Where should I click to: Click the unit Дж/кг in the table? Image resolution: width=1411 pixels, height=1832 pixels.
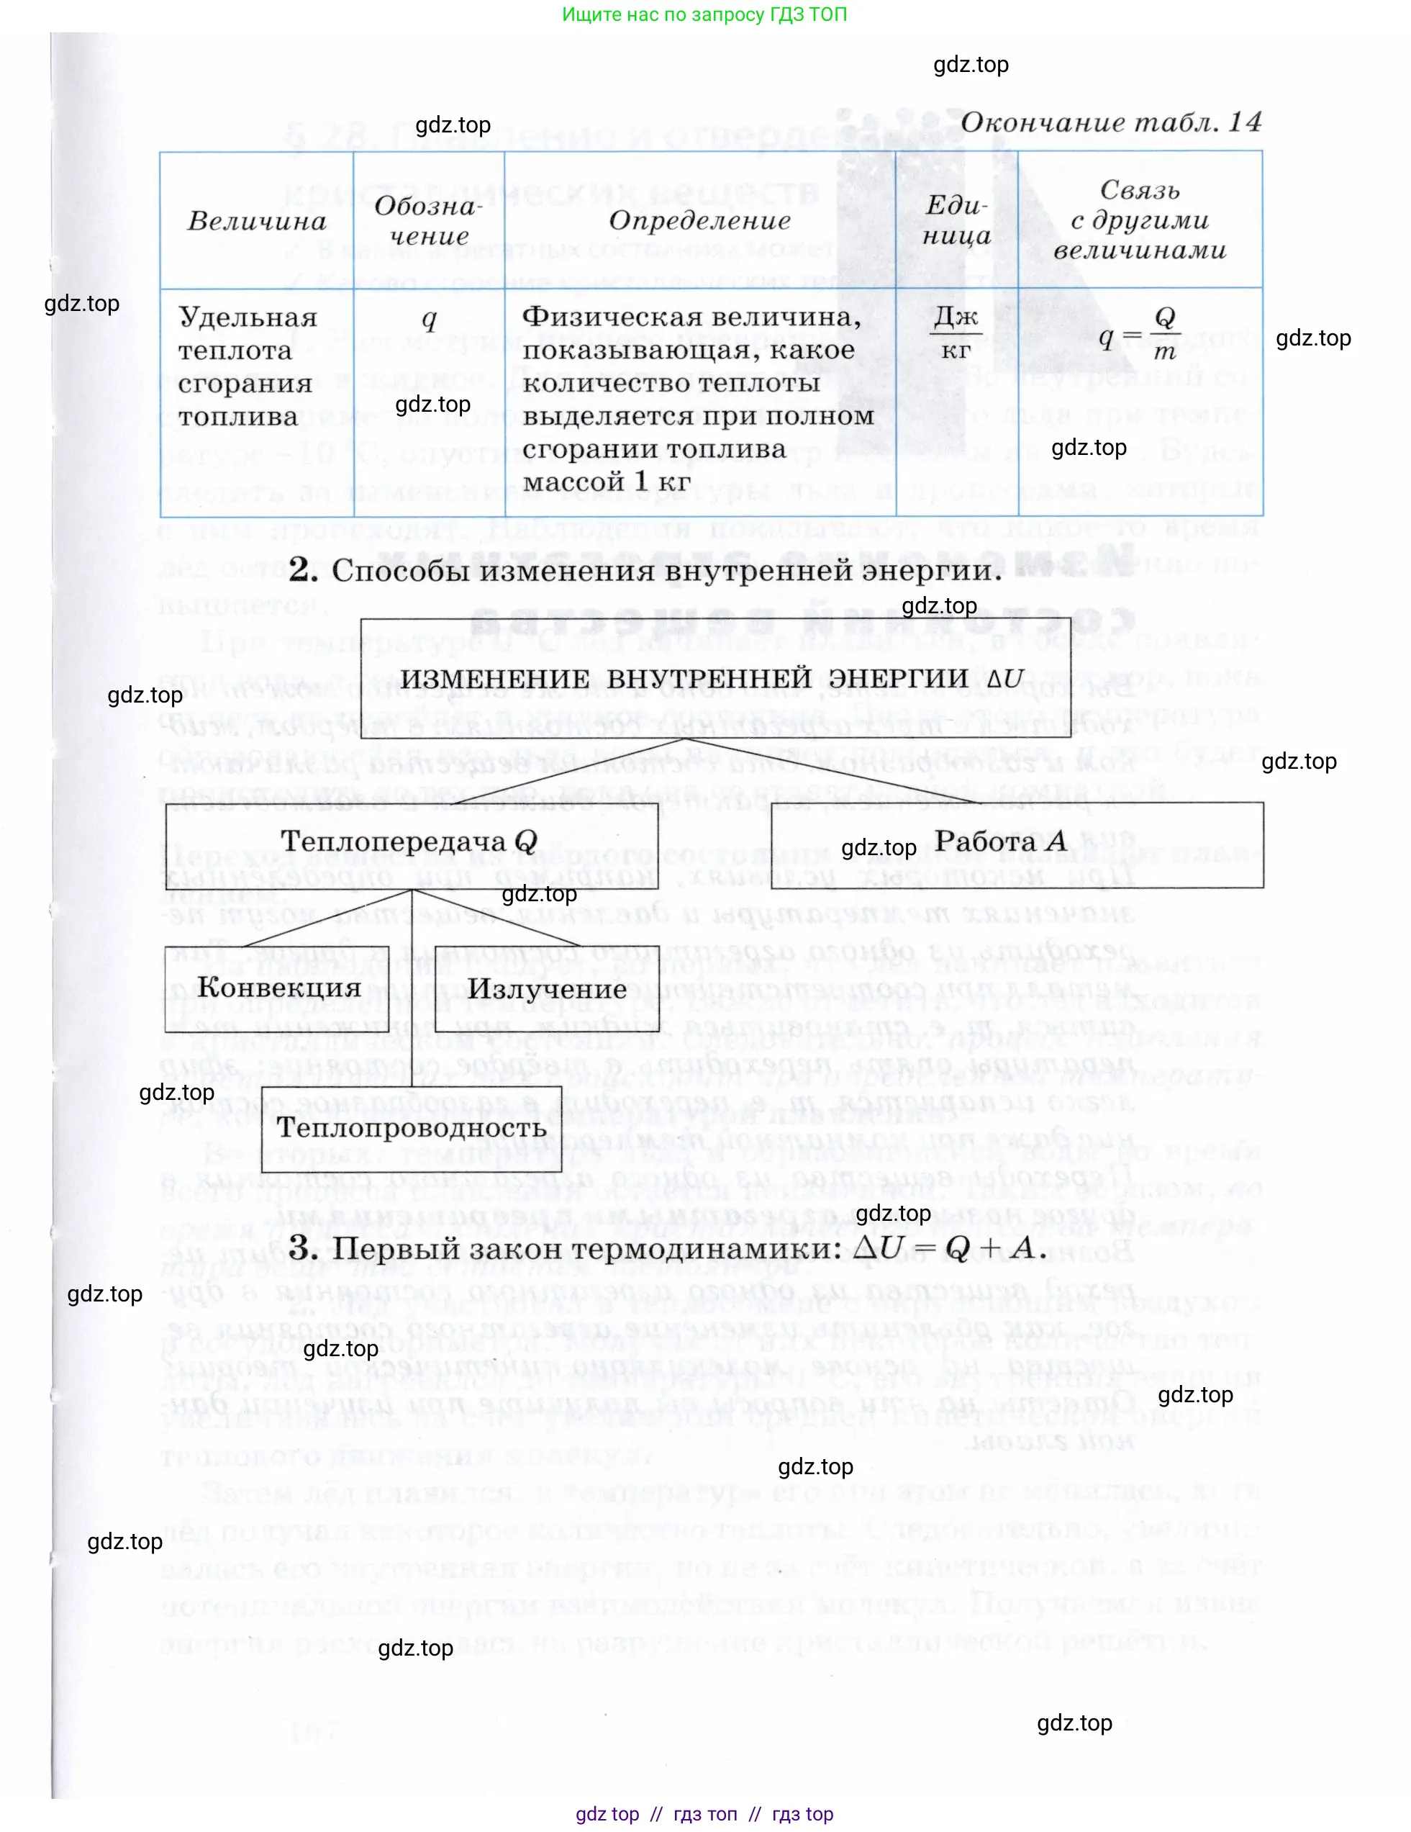[956, 333]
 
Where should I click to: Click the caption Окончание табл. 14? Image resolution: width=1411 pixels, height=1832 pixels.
[1110, 123]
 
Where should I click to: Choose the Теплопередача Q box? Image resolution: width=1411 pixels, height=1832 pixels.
[411, 841]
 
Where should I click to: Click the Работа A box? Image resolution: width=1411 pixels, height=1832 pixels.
[1016, 841]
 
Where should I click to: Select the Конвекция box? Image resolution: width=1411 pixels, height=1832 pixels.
[279, 988]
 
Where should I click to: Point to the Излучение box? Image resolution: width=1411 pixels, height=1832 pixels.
[548, 989]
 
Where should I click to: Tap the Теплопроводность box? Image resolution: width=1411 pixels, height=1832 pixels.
[412, 1127]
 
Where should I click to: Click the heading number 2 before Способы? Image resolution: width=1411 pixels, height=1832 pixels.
[304, 570]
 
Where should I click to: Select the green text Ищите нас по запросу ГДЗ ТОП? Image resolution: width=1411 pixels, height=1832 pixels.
[704, 14]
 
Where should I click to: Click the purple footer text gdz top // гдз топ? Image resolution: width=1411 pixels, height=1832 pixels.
[704, 1813]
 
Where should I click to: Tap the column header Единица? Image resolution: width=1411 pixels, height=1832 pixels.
[956, 220]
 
